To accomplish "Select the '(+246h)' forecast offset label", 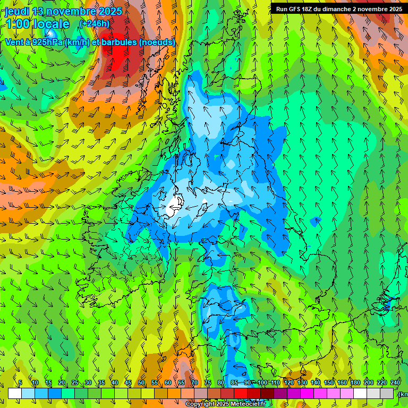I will click(x=95, y=23).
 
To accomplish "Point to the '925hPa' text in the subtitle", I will click(x=46, y=42).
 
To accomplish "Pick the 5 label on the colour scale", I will click(x=20, y=382).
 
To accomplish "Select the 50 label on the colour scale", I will click(x=141, y=382).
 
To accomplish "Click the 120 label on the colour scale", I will click(x=288, y=382).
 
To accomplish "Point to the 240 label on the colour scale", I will click(x=395, y=382).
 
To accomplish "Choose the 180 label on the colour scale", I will click(x=355, y=382).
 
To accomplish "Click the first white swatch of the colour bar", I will click(x=15, y=393).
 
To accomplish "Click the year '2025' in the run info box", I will click(x=394, y=8).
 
